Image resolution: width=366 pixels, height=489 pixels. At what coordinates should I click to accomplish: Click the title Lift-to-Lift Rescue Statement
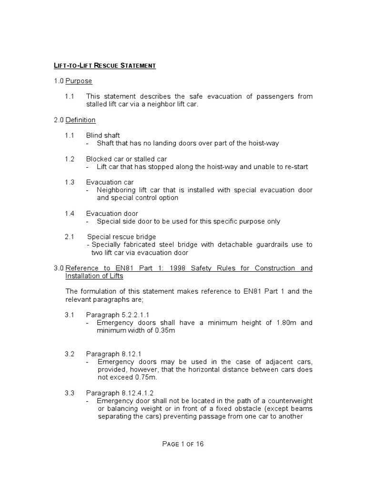tap(105, 65)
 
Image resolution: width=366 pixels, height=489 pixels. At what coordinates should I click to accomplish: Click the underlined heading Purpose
tap(79, 81)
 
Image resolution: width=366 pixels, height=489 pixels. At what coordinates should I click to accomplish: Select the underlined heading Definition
tap(81, 120)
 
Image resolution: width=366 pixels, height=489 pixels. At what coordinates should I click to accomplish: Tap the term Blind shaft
tap(103, 136)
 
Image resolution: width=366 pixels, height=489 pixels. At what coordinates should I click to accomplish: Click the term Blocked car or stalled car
tap(126, 159)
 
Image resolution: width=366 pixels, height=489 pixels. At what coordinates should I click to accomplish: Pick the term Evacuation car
tap(110, 182)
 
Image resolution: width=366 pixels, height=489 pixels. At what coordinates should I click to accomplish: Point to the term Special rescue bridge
tap(122, 237)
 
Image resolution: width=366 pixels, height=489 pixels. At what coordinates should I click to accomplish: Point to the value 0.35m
tap(164, 330)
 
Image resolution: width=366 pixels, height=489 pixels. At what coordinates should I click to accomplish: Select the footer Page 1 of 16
tap(183, 444)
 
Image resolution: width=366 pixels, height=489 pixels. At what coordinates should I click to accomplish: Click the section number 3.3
tap(70, 393)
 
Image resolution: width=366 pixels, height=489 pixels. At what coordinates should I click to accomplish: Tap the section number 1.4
tap(70, 213)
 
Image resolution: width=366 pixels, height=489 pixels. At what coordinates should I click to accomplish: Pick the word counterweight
tap(291, 401)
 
